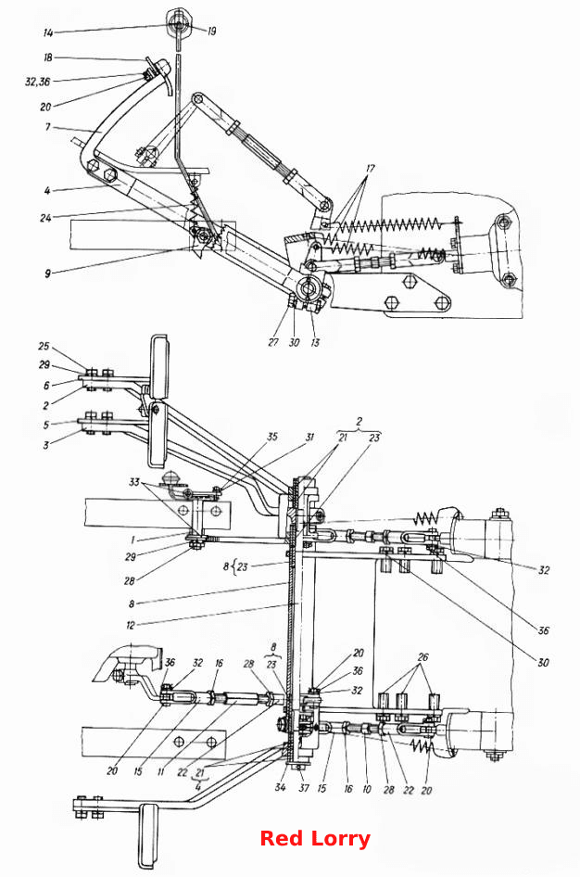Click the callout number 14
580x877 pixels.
48,33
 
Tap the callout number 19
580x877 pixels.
211,32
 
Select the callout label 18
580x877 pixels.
48,57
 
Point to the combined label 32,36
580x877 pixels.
37,82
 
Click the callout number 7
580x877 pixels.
47,127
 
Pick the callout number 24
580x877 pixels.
45,218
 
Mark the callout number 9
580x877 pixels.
47,273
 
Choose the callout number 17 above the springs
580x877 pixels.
371,168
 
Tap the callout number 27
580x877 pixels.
273,342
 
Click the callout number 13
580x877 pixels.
315,342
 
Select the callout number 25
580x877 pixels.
44,346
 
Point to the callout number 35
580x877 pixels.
272,437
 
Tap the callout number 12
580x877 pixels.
131,624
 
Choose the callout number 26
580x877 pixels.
423,656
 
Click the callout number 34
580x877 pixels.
280,787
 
